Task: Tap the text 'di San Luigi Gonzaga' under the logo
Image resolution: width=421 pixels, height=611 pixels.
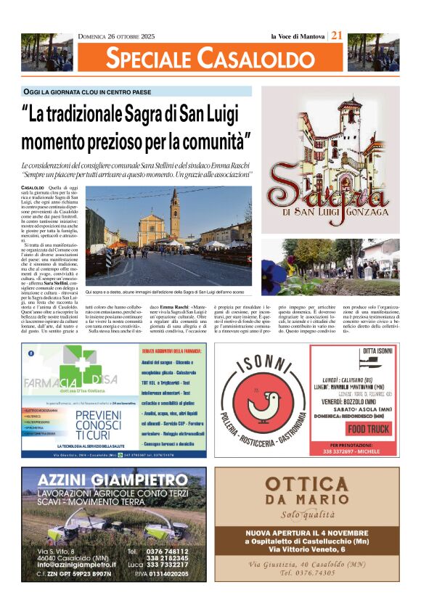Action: coord(330,212)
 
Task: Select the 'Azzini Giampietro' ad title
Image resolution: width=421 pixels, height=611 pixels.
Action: coord(112,481)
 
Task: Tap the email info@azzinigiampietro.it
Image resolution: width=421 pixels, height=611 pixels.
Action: coord(76,564)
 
